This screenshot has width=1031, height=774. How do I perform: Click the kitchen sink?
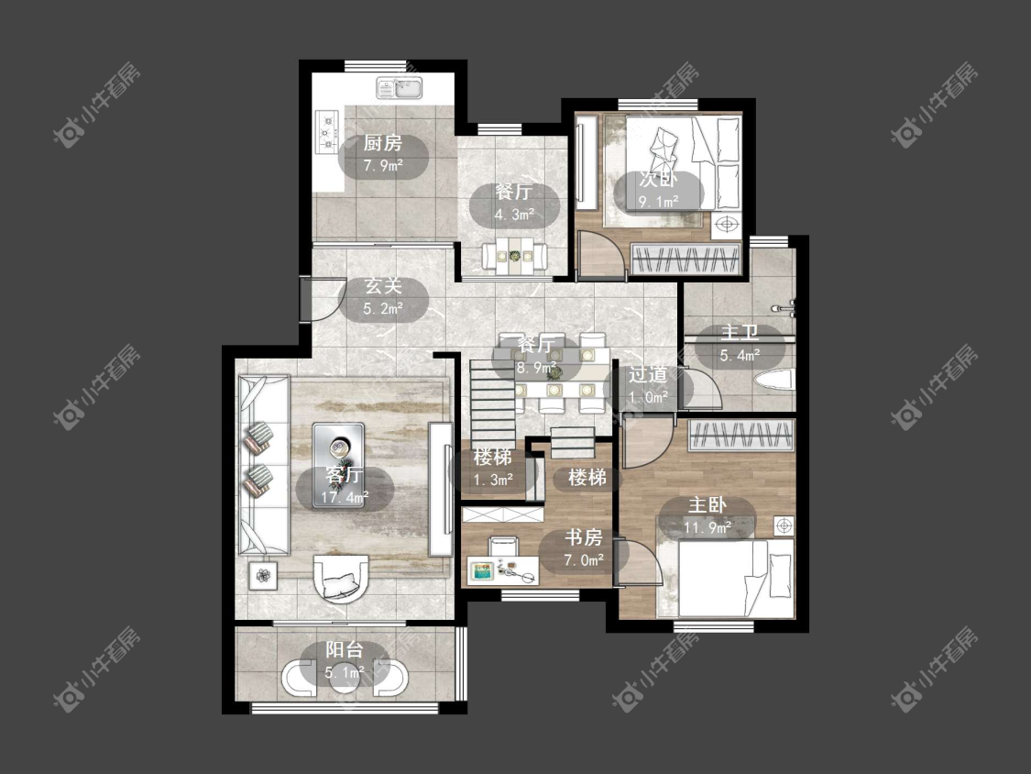pyautogui.click(x=400, y=88)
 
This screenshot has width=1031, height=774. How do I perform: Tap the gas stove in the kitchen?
pyautogui.click(x=327, y=132)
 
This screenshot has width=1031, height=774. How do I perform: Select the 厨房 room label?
pyautogui.click(x=383, y=143)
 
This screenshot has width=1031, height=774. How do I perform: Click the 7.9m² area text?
pyautogui.click(x=383, y=165)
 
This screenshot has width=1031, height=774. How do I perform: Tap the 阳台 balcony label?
pyautogui.click(x=345, y=650)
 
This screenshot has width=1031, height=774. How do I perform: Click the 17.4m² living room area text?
pyautogui.click(x=345, y=498)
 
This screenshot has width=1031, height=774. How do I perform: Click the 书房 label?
pyautogui.click(x=583, y=537)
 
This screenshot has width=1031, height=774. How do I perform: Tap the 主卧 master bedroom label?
pyautogui.click(x=707, y=505)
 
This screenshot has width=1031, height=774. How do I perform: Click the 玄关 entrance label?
pyautogui.click(x=383, y=286)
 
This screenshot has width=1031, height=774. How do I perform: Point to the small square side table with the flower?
pyautogui.click(x=263, y=575)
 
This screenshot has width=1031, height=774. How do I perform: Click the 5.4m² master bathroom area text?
pyautogui.click(x=740, y=356)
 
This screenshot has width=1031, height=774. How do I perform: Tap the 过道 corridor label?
pyautogui.click(x=648, y=375)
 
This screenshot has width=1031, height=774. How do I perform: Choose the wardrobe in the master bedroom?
pyautogui.click(x=741, y=435)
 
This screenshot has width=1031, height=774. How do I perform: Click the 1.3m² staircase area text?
pyautogui.click(x=493, y=481)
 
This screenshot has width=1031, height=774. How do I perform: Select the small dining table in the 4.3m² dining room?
pyautogui.click(x=515, y=255)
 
